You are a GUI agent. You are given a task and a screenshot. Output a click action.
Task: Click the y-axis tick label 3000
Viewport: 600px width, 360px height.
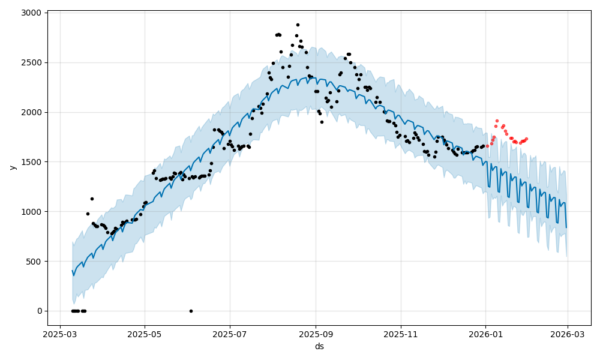[32, 13]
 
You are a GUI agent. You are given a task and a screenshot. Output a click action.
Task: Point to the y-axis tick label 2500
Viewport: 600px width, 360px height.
[32, 62]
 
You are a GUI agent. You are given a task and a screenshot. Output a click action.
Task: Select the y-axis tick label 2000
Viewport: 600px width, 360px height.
[32, 112]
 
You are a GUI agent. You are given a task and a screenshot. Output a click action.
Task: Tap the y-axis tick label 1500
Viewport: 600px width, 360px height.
[32, 162]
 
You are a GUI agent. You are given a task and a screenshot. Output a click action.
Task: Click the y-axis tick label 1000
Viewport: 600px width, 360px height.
[32, 212]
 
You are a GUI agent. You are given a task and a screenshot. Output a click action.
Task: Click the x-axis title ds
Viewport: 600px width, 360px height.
[319, 346]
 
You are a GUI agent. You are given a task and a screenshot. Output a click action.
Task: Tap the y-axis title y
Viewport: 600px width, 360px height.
[11, 167]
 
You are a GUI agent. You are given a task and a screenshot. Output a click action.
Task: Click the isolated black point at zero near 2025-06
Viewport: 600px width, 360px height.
[191, 311]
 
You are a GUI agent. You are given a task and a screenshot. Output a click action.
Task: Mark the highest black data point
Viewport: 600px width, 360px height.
[298, 25]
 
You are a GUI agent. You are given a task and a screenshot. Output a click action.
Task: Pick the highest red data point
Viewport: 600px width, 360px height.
[497, 121]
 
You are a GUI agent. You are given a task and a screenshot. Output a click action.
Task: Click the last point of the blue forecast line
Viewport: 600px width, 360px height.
[566, 227]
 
